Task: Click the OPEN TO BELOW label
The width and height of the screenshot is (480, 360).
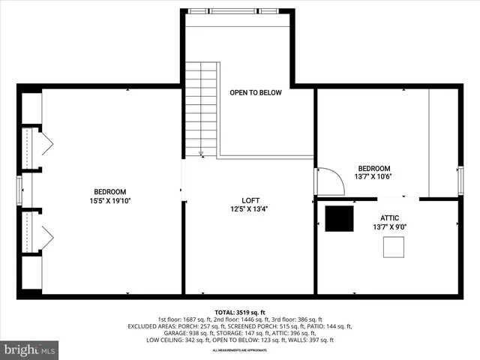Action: pos(256,93)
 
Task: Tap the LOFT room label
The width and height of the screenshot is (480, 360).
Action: pos(250,200)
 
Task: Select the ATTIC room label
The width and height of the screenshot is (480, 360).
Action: pos(389,217)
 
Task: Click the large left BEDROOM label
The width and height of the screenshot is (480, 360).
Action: pos(110,191)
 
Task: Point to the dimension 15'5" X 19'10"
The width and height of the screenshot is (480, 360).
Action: pos(110,200)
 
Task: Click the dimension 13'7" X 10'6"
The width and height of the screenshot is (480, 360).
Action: pos(373,177)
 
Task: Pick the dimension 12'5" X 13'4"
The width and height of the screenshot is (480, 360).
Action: pos(250,209)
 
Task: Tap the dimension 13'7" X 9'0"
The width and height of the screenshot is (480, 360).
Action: pos(389,226)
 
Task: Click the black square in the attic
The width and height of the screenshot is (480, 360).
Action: pos(338,218)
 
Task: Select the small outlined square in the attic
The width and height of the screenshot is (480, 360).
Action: pos(394,247)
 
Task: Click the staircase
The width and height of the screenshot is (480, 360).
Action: pos(201,109)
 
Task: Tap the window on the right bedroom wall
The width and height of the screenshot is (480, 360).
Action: pos(460,180)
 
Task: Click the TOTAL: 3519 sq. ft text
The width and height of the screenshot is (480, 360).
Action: pos(240,312)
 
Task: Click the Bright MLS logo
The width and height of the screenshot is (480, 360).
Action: pos(30,349)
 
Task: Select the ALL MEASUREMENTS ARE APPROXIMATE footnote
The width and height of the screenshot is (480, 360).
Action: pos(240,350)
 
